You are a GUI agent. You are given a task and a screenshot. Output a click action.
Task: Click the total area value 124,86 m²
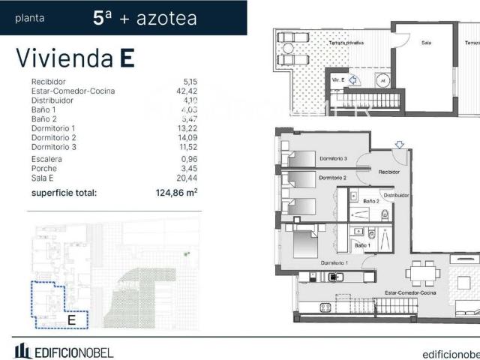tap(171, 192)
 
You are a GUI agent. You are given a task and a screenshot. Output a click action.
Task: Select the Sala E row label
tap(43, 178)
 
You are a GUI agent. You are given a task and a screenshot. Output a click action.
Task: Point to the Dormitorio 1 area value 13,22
tap(185, 128)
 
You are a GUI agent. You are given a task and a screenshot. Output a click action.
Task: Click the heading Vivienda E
tap(75, 58)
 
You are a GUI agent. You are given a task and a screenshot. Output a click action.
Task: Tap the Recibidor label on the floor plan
tap(389, 172)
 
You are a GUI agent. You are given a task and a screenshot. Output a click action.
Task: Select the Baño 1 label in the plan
tap(361, 245)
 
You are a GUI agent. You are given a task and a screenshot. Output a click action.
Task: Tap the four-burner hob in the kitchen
tap(325, 307)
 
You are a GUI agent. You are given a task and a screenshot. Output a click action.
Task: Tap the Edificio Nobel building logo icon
tap(22, 350)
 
